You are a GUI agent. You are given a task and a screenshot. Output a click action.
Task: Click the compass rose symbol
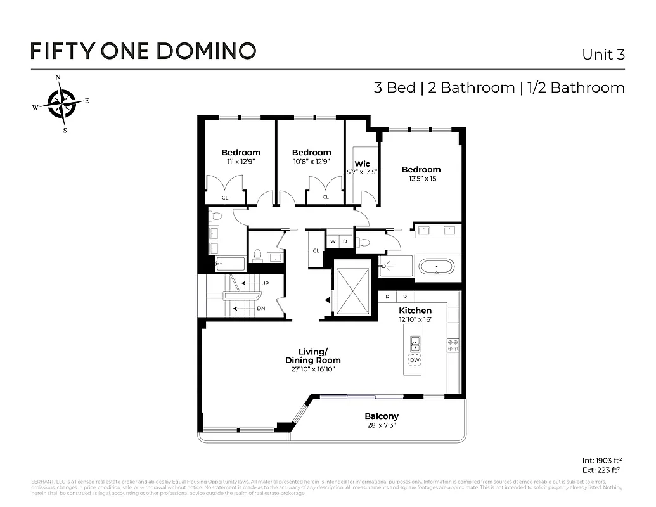[x=61, y=103]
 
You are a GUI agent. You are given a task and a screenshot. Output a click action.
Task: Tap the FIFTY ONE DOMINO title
[x=143, y=51]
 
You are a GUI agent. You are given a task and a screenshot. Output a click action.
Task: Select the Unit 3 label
[x=603, y=55]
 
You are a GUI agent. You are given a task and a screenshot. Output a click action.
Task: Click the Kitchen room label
[x=415, y=311]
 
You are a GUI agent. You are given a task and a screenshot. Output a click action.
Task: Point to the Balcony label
[x=382, y=416]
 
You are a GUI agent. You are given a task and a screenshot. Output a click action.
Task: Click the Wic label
[x=362, y=164]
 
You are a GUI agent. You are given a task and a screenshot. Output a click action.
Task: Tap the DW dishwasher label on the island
[x=415, y=361]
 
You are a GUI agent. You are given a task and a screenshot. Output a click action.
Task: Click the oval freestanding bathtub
[x=436, y=266]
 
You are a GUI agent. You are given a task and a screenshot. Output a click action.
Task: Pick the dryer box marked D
[x=345, y=241]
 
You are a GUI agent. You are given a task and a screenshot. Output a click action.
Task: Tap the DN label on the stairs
[x=260, y=309]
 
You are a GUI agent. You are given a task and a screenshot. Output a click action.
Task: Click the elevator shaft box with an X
[x=352, y=290]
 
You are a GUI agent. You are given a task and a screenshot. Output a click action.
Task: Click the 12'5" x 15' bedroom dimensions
[x=421, y=179]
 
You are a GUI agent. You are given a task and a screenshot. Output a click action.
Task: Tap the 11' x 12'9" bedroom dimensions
[x=241, y=162]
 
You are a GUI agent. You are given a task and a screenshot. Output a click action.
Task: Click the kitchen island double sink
[x=415, y=344]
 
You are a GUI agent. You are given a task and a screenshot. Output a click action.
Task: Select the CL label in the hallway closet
[x=316, y=250]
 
